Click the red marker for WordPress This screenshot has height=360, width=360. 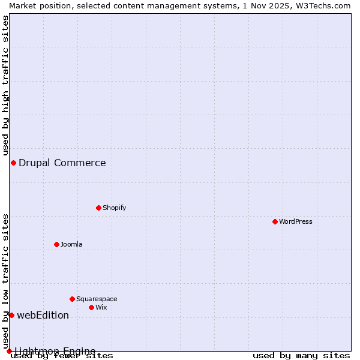coord(275,221)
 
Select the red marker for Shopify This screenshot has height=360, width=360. coord(98,208)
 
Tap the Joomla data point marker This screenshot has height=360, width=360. coord(56,244)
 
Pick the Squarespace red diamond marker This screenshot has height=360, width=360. coord(72,299)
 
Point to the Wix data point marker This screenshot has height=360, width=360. coord(91,307)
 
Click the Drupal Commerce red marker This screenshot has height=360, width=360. coord(13,163)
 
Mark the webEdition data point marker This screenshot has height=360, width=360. coord(11,315)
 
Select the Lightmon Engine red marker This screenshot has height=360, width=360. coord(9,351)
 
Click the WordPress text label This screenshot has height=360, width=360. coord(296,221)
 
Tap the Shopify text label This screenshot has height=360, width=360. coord(114,208)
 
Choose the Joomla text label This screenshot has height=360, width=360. coord(71,244)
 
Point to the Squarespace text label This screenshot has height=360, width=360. coord(97,299)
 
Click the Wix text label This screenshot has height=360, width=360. coord(101,307)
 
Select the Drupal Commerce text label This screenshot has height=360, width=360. coord(62,163)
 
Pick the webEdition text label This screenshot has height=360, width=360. coord(43,315)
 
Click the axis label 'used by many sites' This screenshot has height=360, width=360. coord(301,356)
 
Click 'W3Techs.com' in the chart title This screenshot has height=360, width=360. coord(325,5)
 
